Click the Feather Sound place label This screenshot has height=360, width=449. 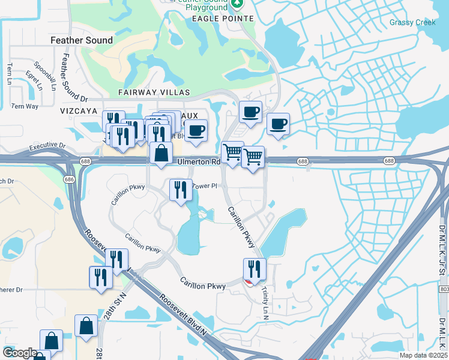click(x=82, y=40)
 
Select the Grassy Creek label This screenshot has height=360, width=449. click(x=412, y=23)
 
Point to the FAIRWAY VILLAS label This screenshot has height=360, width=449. click(x=154, y=92)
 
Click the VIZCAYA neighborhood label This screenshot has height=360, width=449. click(x=79, y=111)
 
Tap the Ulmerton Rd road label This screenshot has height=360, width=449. click(x=199, y=162)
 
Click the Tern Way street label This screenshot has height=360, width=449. click(x=25, y=106)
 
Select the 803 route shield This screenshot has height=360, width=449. click(x=444, y=289)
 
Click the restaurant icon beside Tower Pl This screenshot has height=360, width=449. click(x=180, y=191)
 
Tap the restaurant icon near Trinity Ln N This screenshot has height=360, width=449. click(x=255, y=269)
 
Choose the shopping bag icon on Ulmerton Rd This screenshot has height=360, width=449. click(x=161, y=154)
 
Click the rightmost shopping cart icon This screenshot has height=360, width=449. click(x=253, y=157)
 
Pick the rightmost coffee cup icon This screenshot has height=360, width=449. click(x=277, y=124)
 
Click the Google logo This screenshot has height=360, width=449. click(x=20, y=353)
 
